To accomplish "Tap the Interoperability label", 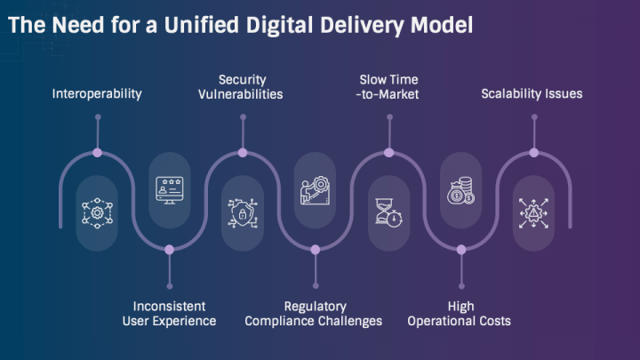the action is [97, 94].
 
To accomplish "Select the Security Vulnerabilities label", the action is [241, 87].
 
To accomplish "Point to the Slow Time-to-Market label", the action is [388, 87].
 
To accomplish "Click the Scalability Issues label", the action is [532, 94].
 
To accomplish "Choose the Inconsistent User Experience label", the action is [170, 314].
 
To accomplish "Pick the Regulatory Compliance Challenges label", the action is [314, 314].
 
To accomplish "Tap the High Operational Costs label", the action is [460, 314].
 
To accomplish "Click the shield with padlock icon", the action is [243, 212].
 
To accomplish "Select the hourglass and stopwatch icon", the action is [388, 212].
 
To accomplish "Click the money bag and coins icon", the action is [460, 190].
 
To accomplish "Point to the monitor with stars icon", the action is [170, 190].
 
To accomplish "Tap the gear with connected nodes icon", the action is [97, 212].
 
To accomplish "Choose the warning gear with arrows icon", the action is [533, 213].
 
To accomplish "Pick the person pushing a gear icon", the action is [315, 190].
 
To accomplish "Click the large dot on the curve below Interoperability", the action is [97, 153].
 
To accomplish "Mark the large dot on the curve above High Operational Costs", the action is [461, 250].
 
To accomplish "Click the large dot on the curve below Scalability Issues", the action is [534, 153].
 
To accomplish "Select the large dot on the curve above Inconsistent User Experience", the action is [170, 250].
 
